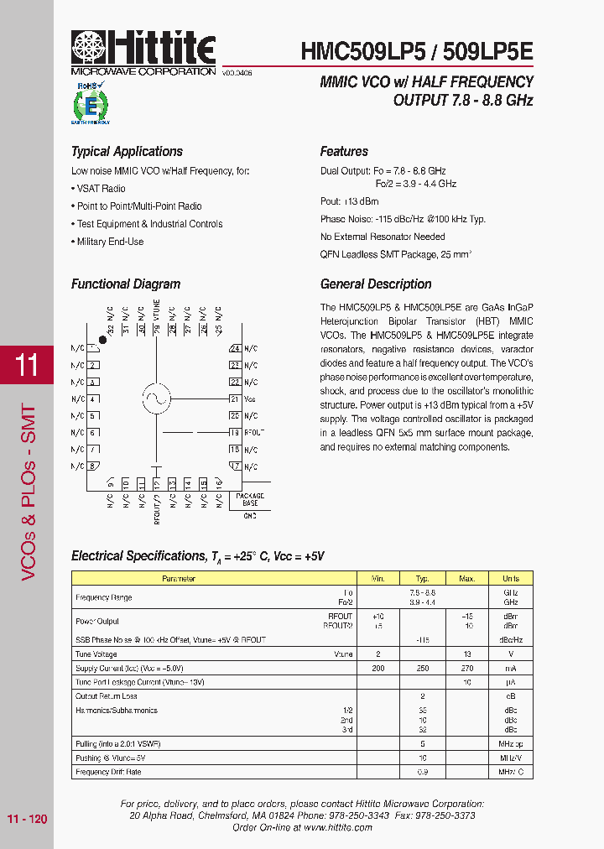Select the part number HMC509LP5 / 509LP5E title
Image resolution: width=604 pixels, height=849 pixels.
(x=416, y=52)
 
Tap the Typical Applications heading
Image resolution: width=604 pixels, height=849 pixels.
(x=127, y=152)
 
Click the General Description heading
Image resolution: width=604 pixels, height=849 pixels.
(x=376, y=284)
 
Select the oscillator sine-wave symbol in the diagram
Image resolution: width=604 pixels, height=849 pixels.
(x=156, y=398)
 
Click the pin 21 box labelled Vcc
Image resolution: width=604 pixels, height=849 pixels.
(x=235, y=398)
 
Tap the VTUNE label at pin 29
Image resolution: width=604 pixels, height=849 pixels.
(x=156, y=311)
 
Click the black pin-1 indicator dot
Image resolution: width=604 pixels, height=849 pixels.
(x=102, y=340)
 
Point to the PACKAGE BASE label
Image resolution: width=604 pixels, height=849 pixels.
(x=250, y=499)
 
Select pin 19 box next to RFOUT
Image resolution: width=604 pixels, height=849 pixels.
(x=235, y=432)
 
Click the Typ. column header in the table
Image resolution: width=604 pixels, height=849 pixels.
(x=422, y=579)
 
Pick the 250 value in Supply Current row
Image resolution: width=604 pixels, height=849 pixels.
(x=422, y=668)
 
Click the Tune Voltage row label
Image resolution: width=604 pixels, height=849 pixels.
(x=96, y=654)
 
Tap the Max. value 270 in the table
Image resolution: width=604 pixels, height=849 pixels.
(x=467, y=668)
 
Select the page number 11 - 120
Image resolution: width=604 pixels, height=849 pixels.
(x=27, y=818)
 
